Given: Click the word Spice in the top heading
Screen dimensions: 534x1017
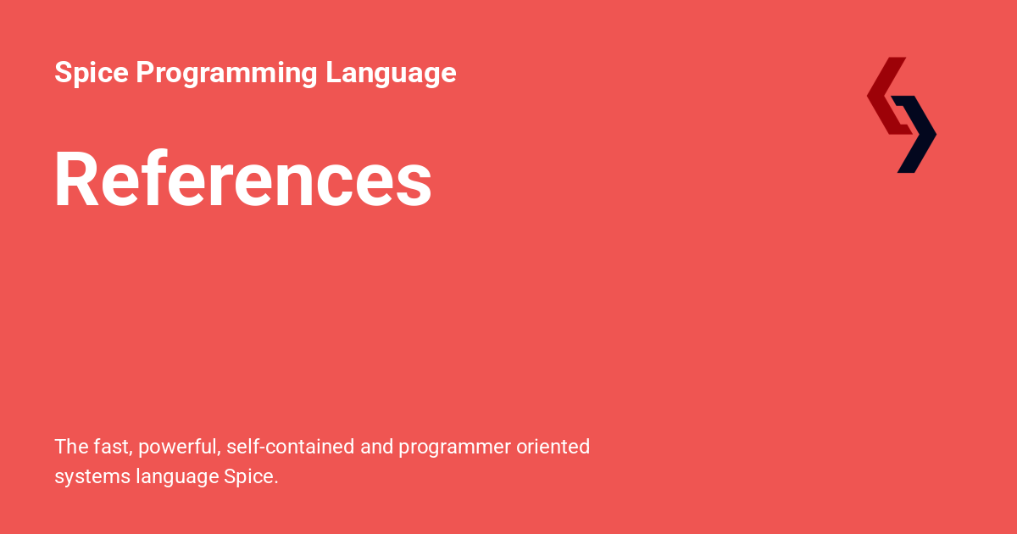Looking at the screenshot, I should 91,73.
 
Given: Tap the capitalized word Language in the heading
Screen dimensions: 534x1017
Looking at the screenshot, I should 391,73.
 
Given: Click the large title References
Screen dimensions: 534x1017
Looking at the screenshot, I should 243,179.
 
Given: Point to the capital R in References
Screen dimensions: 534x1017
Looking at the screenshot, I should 76,179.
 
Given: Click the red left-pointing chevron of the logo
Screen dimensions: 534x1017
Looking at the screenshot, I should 886,95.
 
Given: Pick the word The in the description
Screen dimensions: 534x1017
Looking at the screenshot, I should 70,446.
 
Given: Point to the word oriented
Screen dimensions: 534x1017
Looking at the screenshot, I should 553,446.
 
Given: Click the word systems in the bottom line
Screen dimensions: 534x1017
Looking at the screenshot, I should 92,477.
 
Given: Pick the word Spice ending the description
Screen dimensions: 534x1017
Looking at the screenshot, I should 248,477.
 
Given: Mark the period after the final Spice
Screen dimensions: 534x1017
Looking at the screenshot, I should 275,482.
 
